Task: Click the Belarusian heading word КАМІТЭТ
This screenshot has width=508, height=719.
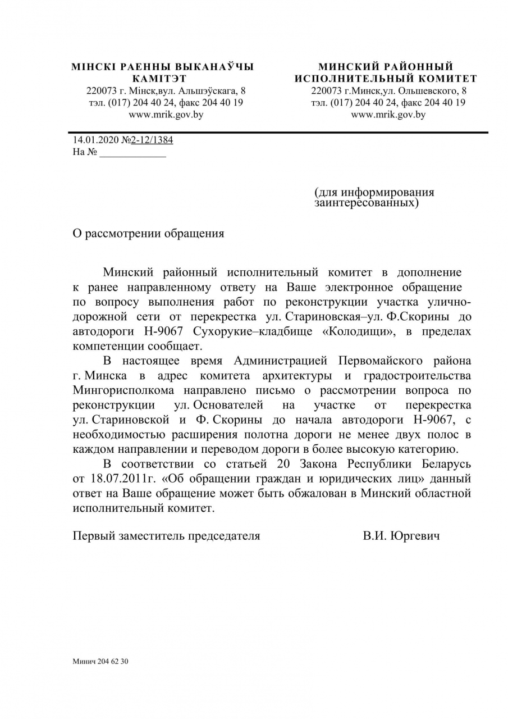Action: (159, 79)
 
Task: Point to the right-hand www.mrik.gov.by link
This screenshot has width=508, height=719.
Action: (388, 115)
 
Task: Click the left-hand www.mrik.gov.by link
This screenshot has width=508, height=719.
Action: (166, 115)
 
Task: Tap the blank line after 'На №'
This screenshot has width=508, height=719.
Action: (132, 152)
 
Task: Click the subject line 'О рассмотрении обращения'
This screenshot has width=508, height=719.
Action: (148, 234)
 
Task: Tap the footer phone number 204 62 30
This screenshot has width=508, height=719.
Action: (113, 662)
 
